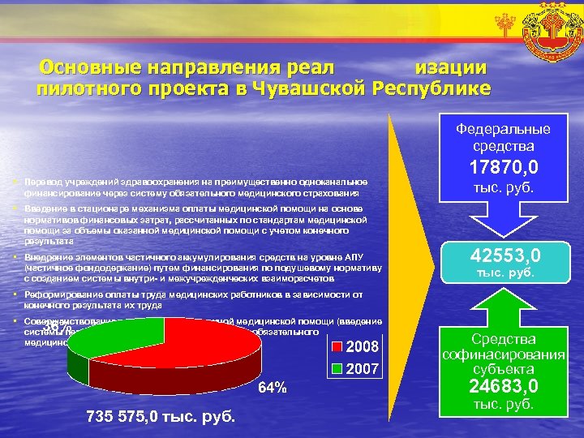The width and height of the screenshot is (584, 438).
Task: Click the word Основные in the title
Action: point(87,67)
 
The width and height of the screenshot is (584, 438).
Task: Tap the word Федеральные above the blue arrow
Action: point(503,129)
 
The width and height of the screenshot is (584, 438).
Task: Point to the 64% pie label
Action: point(273,388)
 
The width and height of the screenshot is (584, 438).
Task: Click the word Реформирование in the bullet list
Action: point(62,294)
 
